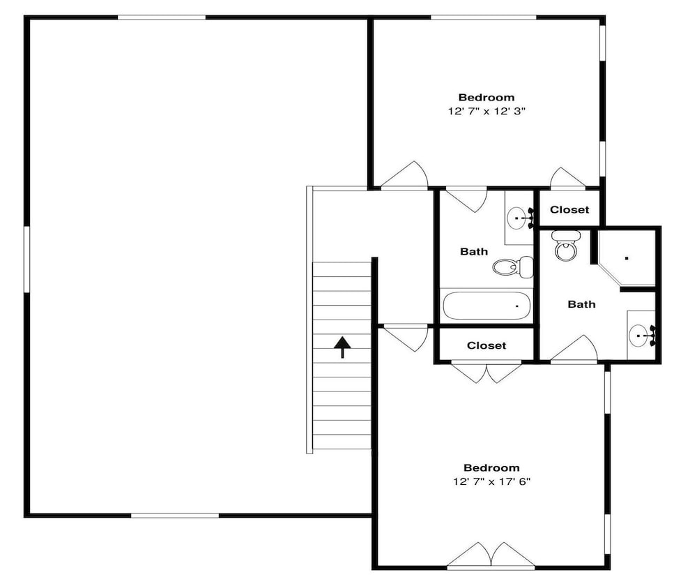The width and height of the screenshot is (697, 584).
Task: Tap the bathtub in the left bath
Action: coord(487,306)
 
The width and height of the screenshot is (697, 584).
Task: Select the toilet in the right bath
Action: coord(565,246)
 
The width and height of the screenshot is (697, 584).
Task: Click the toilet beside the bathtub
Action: coord(513,267)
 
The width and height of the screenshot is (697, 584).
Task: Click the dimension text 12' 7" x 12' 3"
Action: coord(487,111)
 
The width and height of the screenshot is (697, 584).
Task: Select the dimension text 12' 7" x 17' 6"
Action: coord(492,481)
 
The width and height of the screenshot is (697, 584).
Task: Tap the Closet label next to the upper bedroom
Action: coord(569,209)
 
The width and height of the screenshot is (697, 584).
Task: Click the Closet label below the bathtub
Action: coord(487,345)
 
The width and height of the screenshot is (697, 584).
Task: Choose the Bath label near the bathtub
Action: coord(474,251)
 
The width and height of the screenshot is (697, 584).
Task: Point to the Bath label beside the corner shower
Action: coord(581,304)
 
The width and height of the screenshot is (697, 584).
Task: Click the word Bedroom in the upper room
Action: coord(487,98)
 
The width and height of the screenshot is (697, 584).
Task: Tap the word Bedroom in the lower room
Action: coord(491,467)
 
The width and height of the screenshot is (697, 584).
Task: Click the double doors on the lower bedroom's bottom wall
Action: coord(491,556)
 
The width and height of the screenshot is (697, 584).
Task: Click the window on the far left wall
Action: coord(26,259)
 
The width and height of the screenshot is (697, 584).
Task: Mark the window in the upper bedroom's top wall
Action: coord(484,18)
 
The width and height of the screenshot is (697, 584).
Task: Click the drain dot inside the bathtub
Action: coord(517,306)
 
